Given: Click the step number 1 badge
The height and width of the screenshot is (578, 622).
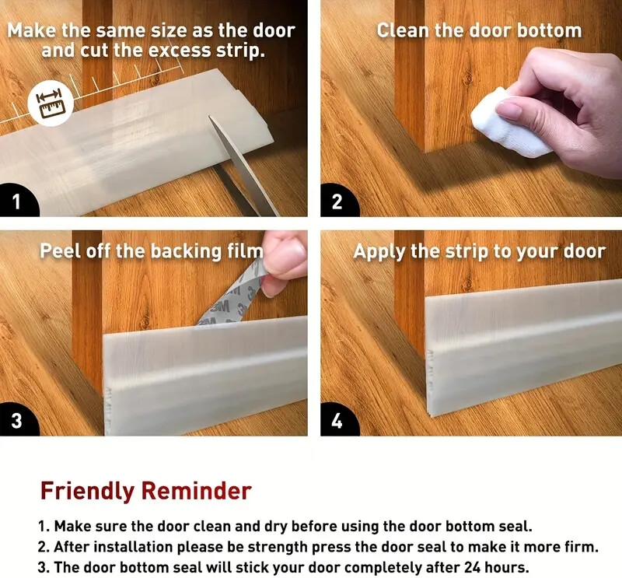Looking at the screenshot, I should pos(16,203).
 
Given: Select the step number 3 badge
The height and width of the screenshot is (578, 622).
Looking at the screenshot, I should pos(16,422).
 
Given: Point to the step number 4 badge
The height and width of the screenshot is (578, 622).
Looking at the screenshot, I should pos(337,422).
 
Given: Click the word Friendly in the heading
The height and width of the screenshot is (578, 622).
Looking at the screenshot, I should pos(88,492).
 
